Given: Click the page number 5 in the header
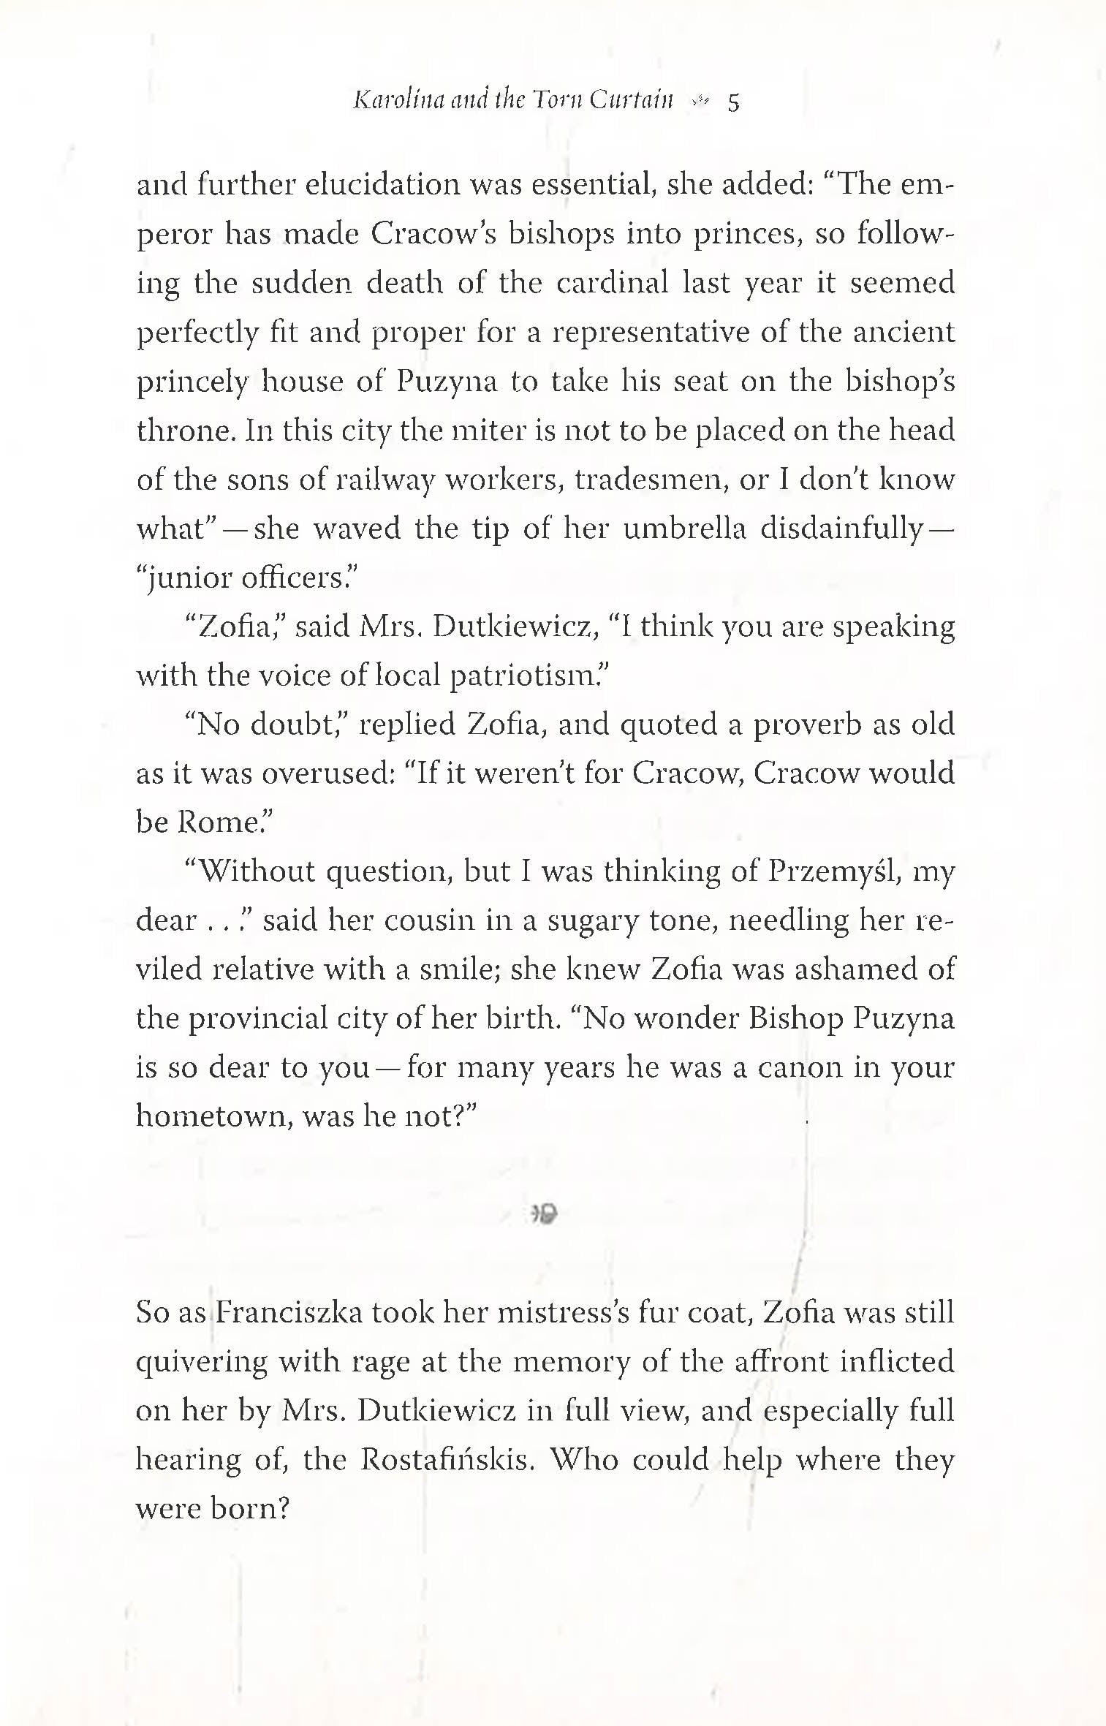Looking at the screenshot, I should pyautogui.click(x=733, y=104).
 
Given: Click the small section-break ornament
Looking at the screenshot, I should pyautogui.click(x=544, y=1214).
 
